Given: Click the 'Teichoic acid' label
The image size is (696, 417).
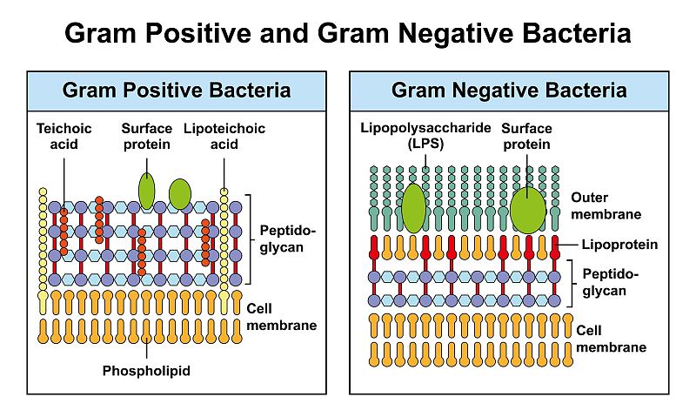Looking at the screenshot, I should (x=64, y=136).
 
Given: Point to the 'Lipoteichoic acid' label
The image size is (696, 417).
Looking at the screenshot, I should (x=224, y=136).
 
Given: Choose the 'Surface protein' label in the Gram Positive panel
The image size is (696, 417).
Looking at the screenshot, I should (x=147, y=136).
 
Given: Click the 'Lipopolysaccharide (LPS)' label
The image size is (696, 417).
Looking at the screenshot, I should (x=403, y=137).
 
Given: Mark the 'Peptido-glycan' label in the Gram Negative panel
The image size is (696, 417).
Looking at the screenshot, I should (x=612, y=282).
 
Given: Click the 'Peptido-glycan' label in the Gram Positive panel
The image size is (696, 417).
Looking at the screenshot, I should (x=288, y=239).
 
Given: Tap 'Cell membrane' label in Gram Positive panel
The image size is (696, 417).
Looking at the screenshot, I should (x=281, y=317).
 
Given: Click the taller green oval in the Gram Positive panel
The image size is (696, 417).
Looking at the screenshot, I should (x=147, y=191).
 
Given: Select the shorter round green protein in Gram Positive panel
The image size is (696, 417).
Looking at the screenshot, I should (x=179, y=194).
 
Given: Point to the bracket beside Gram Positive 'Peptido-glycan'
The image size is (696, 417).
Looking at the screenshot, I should (x=250, y=239).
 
